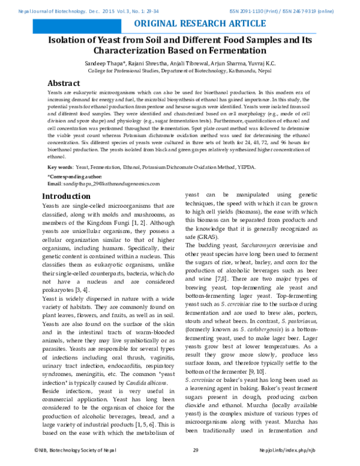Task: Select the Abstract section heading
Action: point(64,83)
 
